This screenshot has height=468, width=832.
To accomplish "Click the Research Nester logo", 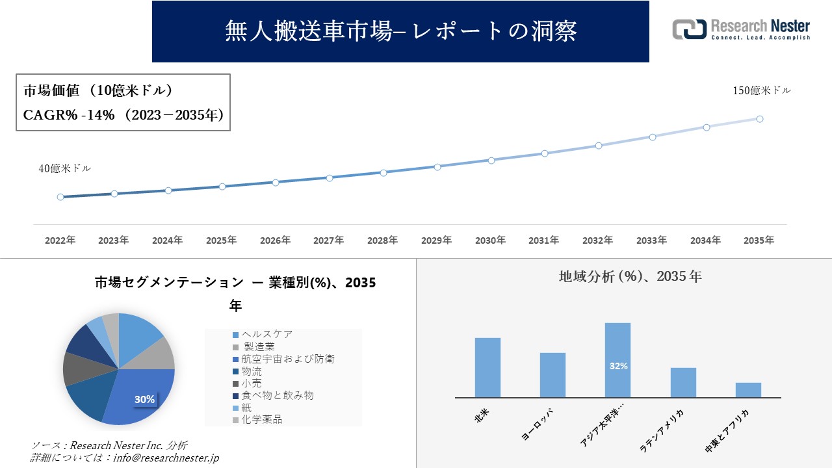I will point(741,30).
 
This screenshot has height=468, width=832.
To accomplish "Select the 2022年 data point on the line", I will point(60,197).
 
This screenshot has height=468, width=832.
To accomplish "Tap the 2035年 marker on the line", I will point(759,119).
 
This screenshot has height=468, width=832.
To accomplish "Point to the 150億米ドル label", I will point(762,91).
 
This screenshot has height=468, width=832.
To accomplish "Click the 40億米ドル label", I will point(65,168).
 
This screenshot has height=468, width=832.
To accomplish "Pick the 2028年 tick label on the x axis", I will point(383,240).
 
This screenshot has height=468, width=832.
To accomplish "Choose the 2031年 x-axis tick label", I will point(544,240).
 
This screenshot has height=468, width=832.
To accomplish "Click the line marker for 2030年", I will point(491,160).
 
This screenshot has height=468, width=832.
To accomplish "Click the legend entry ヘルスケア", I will point(266,334).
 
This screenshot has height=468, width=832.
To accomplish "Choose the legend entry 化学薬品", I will point(261,420).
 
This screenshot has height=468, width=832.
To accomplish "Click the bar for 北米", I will point(487,367).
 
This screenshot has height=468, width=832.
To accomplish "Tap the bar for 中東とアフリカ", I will point(748,390).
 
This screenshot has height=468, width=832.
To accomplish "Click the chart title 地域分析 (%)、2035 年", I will point(630,276).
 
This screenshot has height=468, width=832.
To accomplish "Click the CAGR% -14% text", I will point(69,115).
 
